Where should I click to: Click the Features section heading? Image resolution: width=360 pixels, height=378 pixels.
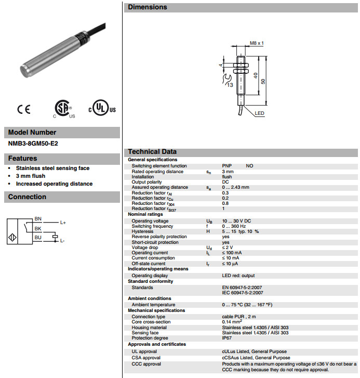click(23, 158)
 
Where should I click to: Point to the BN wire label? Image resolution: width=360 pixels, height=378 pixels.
click(38, 218)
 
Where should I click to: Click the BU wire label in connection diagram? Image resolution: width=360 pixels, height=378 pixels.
click(38, 237)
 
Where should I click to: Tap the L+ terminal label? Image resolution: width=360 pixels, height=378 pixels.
click(63, 223)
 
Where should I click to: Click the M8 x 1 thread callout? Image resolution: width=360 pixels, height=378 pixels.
click(257, 43)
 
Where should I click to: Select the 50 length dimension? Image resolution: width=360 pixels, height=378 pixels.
click(263, 82)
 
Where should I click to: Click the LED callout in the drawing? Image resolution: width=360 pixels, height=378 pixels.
click(260, 113)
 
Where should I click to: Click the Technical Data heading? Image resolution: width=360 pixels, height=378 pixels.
click(152, 152)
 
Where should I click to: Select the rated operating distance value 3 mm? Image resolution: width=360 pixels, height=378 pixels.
click(228, 171)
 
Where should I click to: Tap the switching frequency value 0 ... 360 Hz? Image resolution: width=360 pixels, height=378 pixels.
click(234, 226)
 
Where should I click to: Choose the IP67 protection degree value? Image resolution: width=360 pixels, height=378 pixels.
click(227, 338)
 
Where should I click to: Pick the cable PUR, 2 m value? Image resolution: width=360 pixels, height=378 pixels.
click(239, 316)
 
